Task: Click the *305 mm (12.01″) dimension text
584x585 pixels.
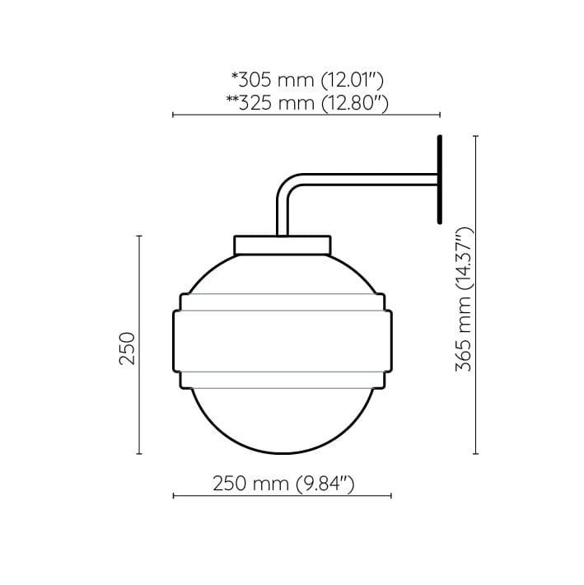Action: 308,80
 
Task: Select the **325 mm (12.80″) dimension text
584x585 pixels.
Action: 307,103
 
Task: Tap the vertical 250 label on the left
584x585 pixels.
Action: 127,348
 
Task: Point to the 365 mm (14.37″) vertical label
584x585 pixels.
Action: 465,299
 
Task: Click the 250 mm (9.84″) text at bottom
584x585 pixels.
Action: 283,484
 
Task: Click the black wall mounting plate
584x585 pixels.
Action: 440,180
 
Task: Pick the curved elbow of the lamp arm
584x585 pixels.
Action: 288,185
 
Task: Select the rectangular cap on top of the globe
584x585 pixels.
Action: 283,245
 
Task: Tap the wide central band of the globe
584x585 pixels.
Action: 283,341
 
